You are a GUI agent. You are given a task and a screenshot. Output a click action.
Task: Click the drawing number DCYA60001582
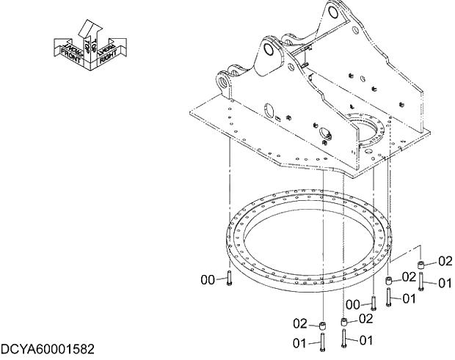click(48, 345)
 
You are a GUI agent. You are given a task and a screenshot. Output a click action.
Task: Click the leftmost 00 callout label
click(208, 279)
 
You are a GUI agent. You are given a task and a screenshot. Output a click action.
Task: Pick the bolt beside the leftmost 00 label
click(229, 279)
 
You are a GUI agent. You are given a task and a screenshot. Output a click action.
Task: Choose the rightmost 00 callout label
click(354, 304)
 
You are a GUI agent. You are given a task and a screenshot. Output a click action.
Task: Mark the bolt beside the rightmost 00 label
click(374, 302)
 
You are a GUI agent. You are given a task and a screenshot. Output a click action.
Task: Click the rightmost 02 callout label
click(445, 261)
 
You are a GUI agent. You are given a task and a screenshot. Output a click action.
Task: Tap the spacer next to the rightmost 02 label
click(422, 265)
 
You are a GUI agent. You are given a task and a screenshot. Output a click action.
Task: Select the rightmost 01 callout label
click(445, 283)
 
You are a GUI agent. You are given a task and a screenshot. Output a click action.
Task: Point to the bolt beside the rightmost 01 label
click(422, 282)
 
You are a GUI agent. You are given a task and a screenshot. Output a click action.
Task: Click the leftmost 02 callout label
click(300, 323)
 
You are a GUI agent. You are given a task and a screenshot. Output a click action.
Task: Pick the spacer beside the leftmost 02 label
click(321, 325)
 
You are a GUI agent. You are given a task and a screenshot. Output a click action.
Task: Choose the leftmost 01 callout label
click(300, 342)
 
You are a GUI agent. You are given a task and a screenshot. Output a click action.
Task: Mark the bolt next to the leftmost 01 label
click(321, 342)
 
